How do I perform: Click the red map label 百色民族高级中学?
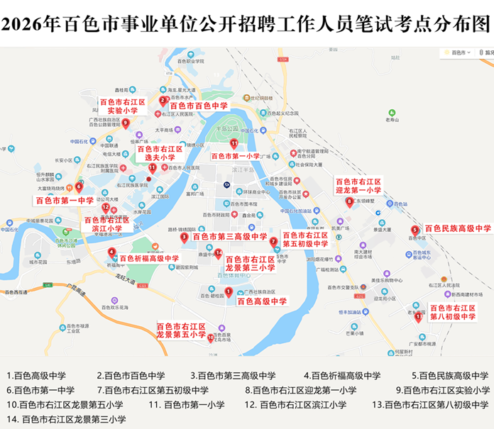(457, 229)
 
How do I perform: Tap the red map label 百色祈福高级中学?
(149, 259)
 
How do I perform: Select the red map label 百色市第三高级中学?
(229, 237)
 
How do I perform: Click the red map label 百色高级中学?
(262, 301)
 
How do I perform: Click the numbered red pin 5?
(415, 229)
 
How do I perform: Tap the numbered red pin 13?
(419, 316)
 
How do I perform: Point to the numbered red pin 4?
(111, 252)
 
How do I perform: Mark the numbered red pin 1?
(229, 291)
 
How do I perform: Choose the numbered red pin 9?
(126, 123)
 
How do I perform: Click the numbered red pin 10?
(211, 338)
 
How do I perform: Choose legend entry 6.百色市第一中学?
(41, 390)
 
